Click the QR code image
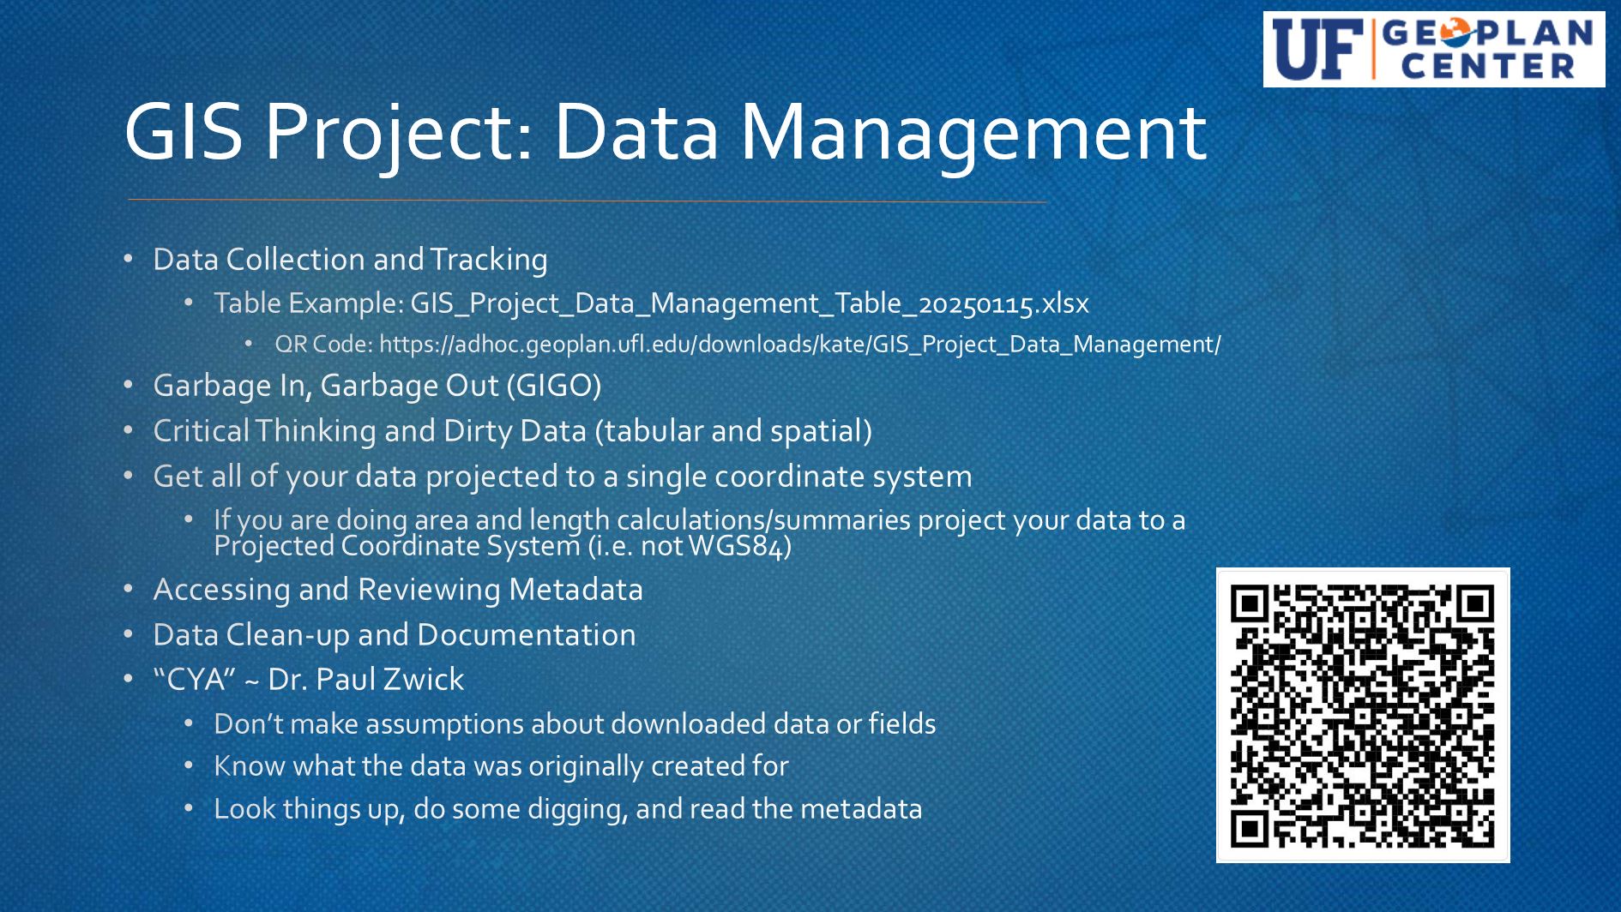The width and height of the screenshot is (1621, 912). (x=1363, y=715)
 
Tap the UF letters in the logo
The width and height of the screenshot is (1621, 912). (x=1317, y=49)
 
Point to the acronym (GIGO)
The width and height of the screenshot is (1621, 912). (x=554, y=386)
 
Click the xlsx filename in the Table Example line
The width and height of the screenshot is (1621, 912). (x=750, y=303)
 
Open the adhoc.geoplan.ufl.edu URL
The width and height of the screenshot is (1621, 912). (x=799, y=345)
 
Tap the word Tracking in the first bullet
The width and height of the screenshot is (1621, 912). (x=489, y=260)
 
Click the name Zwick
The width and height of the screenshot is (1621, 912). (x=424, y=679)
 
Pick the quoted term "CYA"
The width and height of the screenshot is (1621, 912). (x=195, y=679)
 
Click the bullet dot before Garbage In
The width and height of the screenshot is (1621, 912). (x=129, y=386)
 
